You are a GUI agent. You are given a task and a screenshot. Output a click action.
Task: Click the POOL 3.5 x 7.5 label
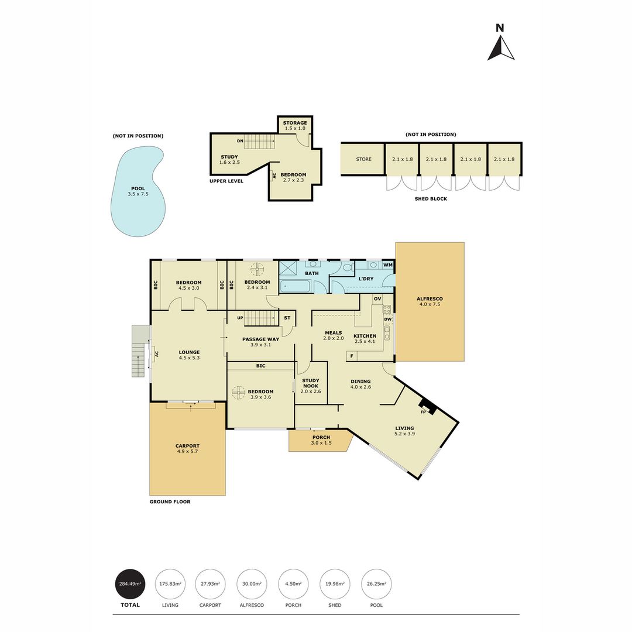(138, 191)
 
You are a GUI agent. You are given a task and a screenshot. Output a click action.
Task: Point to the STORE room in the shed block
(364, 159)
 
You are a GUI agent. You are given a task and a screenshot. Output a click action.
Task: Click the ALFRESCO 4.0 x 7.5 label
(430, 301)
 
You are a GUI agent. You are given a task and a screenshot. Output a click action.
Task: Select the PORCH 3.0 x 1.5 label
(321, 440)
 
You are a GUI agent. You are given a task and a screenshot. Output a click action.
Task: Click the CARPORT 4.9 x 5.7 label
(187, 448)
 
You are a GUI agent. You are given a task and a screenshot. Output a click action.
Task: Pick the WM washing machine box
(388, 265)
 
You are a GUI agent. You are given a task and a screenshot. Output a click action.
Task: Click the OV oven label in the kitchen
(377, 299)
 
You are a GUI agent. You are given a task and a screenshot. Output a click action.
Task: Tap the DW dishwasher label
(388, 320)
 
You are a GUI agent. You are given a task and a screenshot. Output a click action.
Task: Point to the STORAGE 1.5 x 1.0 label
(295, 125)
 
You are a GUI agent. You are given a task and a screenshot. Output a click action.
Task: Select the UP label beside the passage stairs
(240, 318)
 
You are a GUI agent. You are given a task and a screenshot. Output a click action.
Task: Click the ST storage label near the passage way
(287, 318)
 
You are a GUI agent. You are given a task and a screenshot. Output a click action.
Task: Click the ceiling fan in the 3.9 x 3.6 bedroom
(238, 393)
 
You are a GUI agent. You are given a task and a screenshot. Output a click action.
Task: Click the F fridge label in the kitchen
(351, 355)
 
